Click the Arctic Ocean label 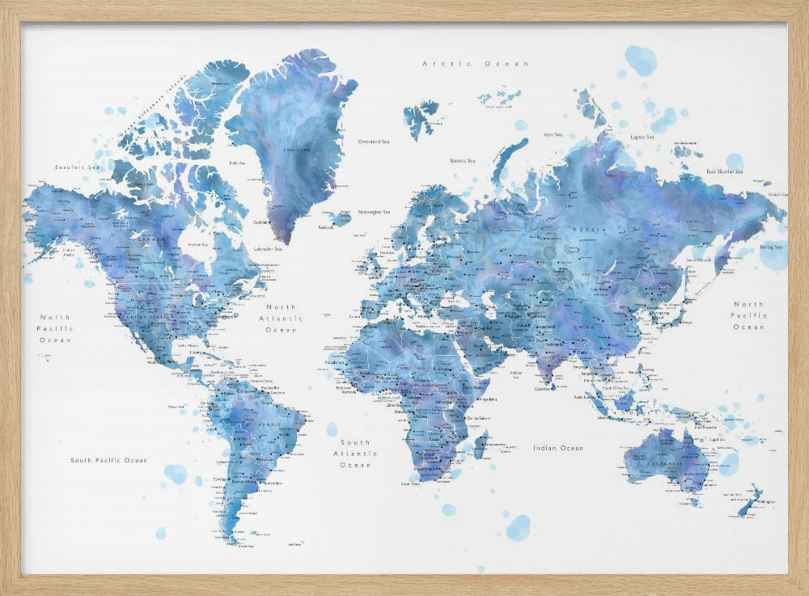pyautogui.click(x=475, y=63)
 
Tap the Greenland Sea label pyautogui.click(x=374, y=142)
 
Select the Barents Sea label pyautogui.click(x=463, y=161)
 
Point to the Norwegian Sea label pyautogui.click(x=375, y=212)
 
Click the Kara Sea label pyautogui.click(x=553, y=134)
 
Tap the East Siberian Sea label pyautogui.click(x=725, y=171)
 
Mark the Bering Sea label pyautogui.click(x=771, y=247)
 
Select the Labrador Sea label pyautogui.click(x=268, y=249)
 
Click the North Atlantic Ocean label pyautogui.click(x=282, y=319)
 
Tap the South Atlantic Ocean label pyautogui.click(x=355, y=454)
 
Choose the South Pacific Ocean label pyautogui.click(x=108, y=460)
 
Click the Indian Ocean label pyautogui.click(x=557, y=448)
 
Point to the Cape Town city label pyautogui.click(x=412, y=484)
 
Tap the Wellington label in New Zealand pyautogui.click(x=765, y=501)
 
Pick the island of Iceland pyautogui.click(x=341, y=218)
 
